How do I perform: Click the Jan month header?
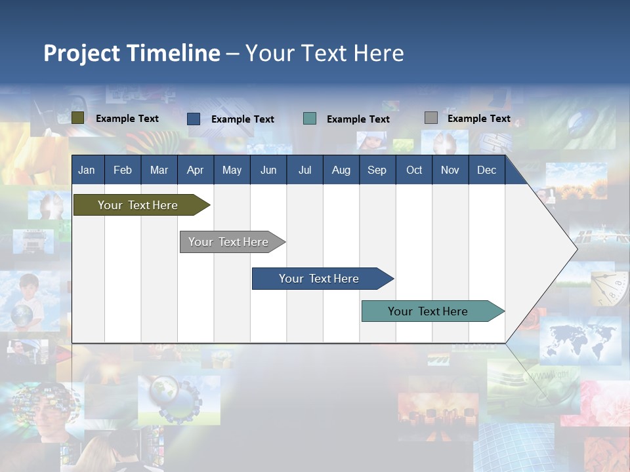pyautogui.click(x=87, y=170)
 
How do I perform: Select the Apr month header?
pyautogui.click(x=195, y=170)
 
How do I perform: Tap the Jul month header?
pyautogui.click(x=304, y=170)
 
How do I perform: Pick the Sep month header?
pyautogui.click(x=377, y=170)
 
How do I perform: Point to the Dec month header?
pyautogui.click(x=486, y=170)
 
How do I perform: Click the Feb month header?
pyautogui.click(x=123, y=170)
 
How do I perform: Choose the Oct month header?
pyautogui.click(x=414, y=170)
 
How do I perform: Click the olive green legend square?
pyautogui.click(x=77, y=118)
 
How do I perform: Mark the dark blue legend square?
pyautogui.click(x=194, y=119)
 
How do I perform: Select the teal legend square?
pyautogui.click(x=310, y=119)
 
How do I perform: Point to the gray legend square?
pyautogui.click(x=431, y=118)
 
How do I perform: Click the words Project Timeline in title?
pyautogui.click(x=131, y=53)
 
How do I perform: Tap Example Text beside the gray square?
pyautogui.click(x=478, y=119)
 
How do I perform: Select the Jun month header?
pyautogui.click(x=268, y=170)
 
